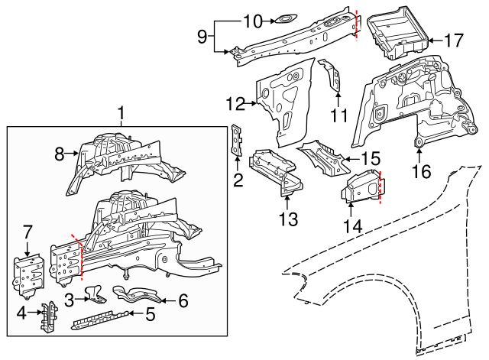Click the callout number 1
click(x=121, y=114)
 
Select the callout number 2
click(x=238, y=180)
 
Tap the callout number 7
click(x=28, y=232)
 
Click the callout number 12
click(x=235, y=103)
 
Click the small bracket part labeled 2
click(x=237, y=141)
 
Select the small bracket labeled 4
click(x=47, y=316)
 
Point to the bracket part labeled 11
click(x=332, y=76)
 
